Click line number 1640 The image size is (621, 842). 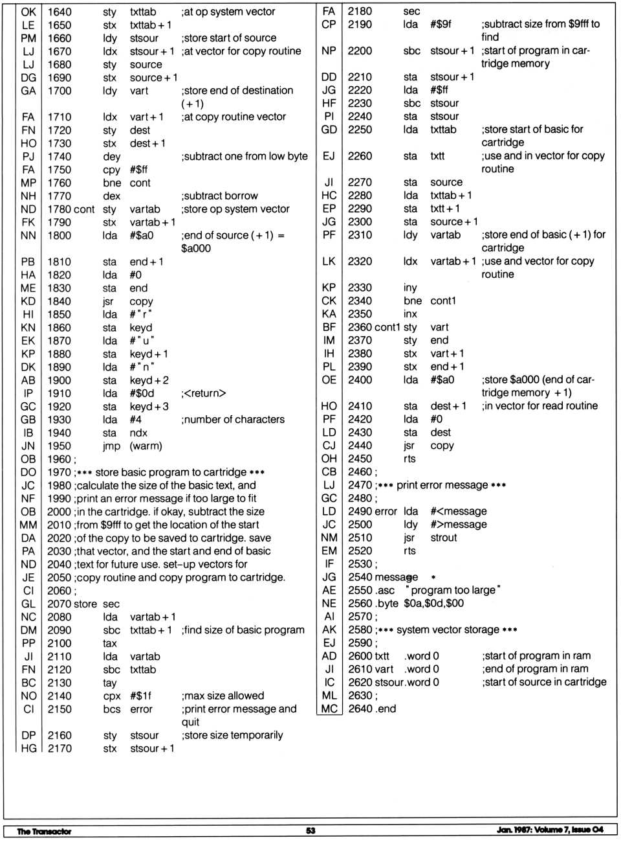pyautogui.click(x=60, y=12)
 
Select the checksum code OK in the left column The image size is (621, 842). pyautogui.click(x=28, y=12)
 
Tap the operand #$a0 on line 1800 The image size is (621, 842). pyautogui.click(x=142, y=236)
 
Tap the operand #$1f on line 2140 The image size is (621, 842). pyautogui.click(x=141, y=696)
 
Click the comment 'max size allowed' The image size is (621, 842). pyautogui.click(x=223, y=696)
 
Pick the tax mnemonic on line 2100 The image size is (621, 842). pyautogui.click(x=109, y=644)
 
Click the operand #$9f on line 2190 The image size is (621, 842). pyautogui.click(x=441, y=25)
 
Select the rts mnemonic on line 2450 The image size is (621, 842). pyautogui.click(x=409, y=459)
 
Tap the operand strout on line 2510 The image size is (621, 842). pyautogui.click(x=444, y=538)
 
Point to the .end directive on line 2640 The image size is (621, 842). pyautogui.click(x=386, y=709)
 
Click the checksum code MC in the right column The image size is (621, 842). pyautogui.click(x=329, y=709)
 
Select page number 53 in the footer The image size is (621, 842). pyautogui.click(x=310, y=830)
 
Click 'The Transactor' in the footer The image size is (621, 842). pyautogui.click(x=44, y=831)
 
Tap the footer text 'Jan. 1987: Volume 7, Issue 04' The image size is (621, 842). pyautogui.click(x=550, y=830)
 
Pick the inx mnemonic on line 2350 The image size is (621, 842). pyautogui.click(x=410, y=314)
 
